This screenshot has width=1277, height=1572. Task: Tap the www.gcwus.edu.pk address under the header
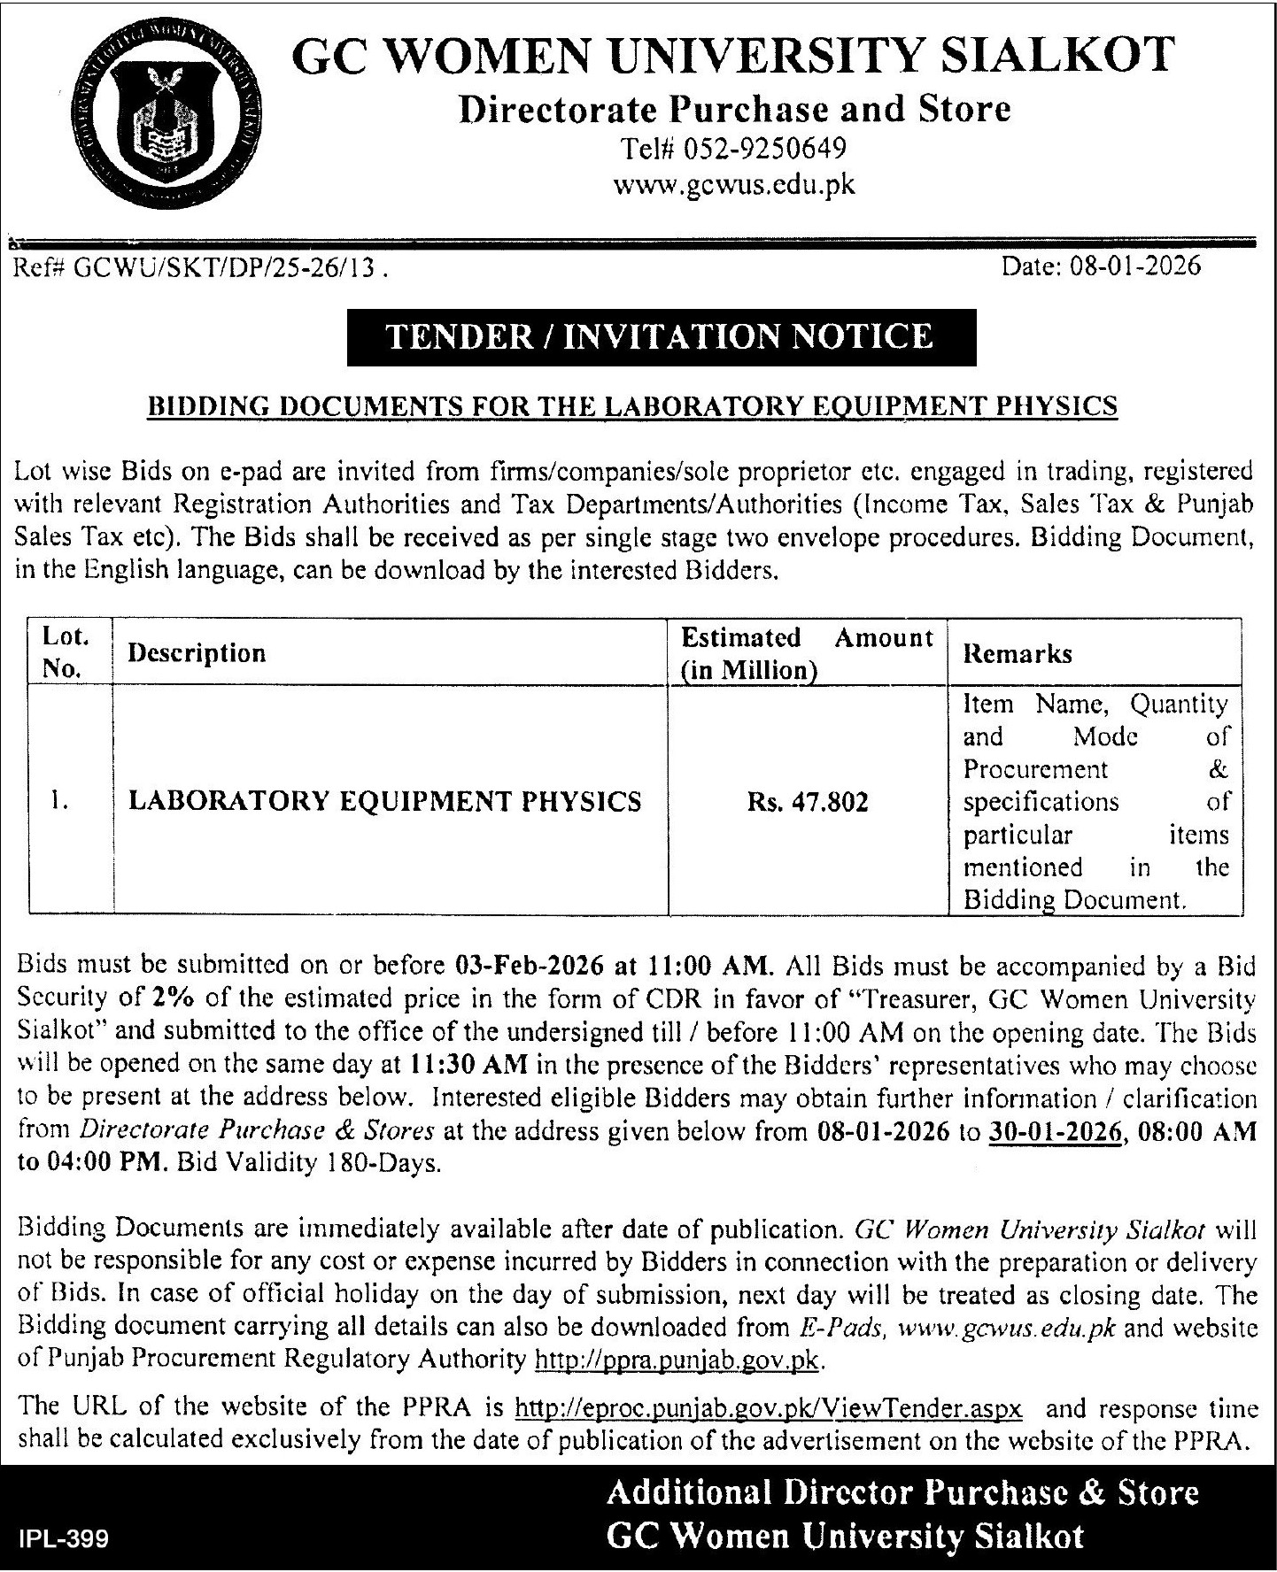pyautogui.click(x=734, y=185)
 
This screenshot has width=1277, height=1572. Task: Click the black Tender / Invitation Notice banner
pyautogui.click(x=661, y=337)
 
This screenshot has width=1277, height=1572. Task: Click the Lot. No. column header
pyautogui.click(x=64, y=652)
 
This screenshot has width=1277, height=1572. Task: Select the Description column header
pyautogui.click(x=197, y=653)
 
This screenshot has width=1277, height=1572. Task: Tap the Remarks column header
pyautogui.click(x=1018, y=654)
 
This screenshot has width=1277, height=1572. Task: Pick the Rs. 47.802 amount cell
pyautogui.click(x=807, y=802)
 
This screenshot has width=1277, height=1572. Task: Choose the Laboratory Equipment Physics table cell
pyautogui.click(x=385, y=801)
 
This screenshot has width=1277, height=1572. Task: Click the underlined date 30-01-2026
pyautogui.click(x=1051, y=1132)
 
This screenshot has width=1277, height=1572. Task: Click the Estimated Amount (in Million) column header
pyautogui.click(x=807, y=653)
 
